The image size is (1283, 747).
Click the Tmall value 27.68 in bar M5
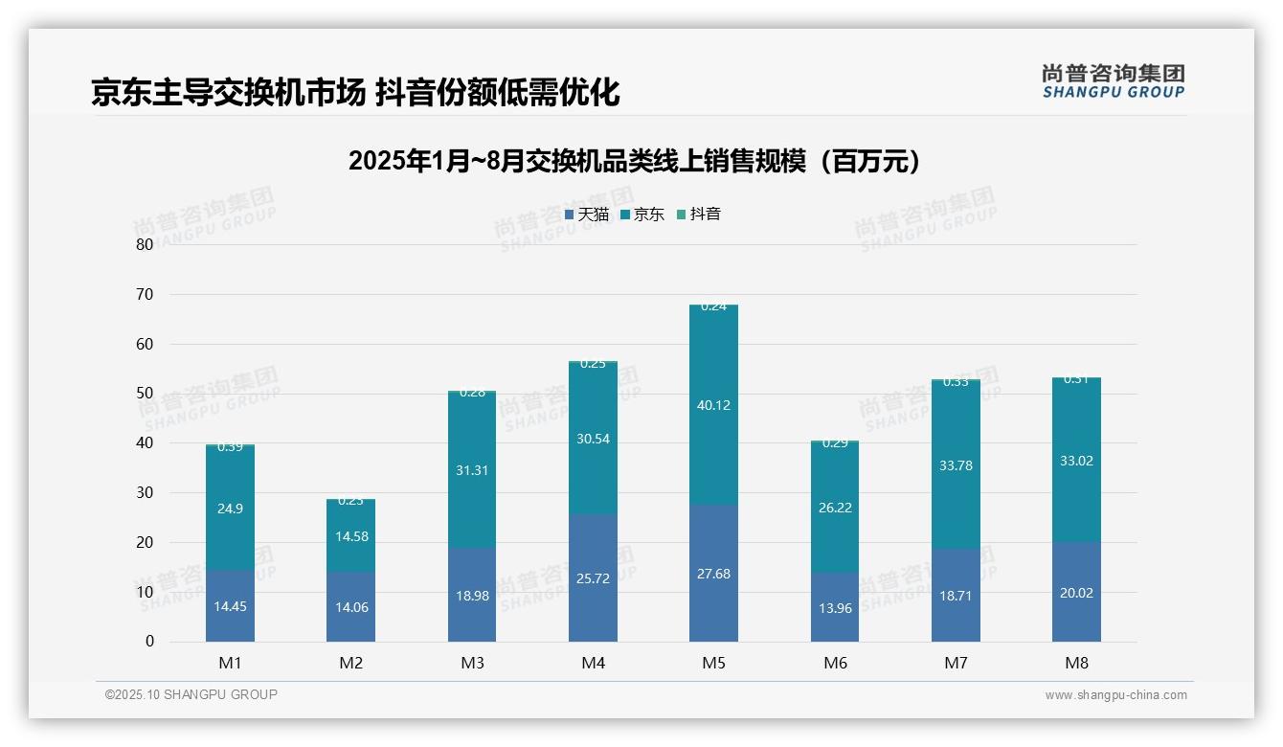click(714, 574)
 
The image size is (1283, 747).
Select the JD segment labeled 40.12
click(714, 405)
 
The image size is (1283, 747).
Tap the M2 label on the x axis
click(351, 663)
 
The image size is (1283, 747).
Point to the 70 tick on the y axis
click(145, 294)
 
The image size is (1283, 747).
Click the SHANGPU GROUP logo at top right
click(1113, 81)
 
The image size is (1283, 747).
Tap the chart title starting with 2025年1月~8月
click(634, 161)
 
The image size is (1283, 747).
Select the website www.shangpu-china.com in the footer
click(1115, 695)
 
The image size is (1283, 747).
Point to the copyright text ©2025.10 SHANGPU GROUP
click(191, 694)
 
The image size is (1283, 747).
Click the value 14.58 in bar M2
click(351, 536)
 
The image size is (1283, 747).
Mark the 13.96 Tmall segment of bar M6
click(835, 607)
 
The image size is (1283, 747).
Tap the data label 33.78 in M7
click(956, 465)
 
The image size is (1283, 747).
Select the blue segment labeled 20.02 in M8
click(1076, 593)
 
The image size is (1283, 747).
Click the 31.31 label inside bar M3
click(472, 470)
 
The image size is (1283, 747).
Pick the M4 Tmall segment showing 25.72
click(593, 578)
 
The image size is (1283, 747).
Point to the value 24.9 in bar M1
click(230, 509)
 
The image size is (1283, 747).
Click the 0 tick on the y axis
click(149, 642)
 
